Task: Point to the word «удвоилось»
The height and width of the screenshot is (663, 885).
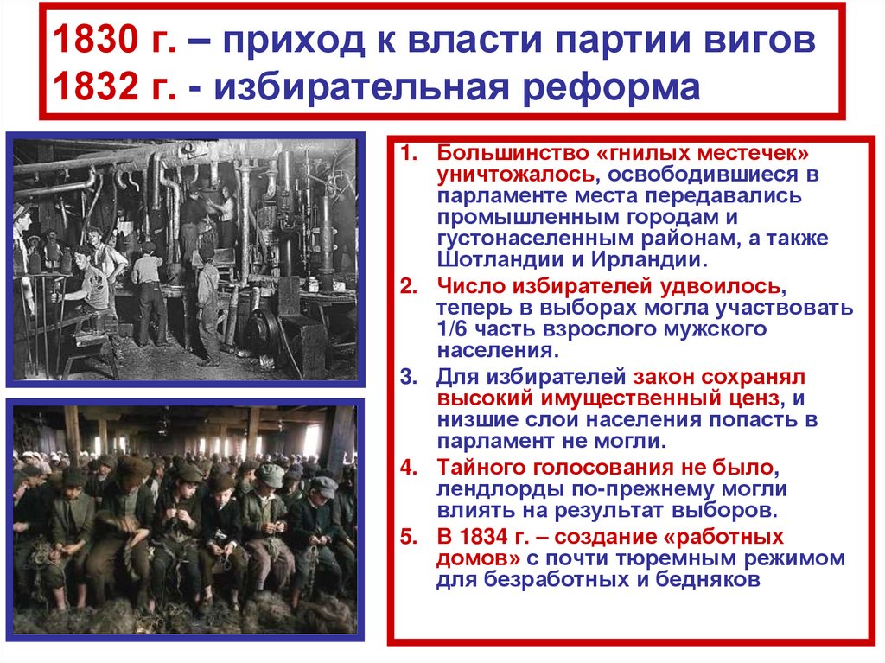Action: [x=715, y=285]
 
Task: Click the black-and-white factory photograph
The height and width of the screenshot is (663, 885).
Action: [x=186, y=259]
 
